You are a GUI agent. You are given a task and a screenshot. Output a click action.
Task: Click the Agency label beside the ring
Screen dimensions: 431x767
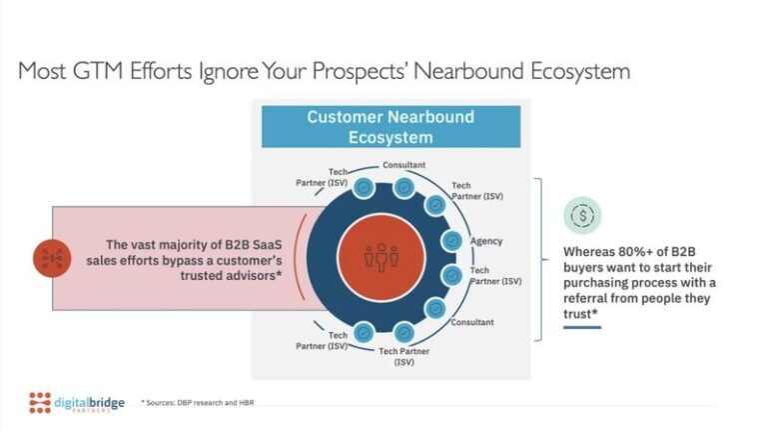[x=486, y=241]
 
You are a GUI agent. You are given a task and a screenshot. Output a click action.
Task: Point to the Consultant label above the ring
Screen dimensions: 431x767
[x=403, y=165]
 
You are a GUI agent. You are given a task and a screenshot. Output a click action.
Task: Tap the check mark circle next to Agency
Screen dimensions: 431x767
[x=451, y=240]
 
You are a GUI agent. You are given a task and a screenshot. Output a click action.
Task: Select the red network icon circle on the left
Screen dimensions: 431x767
[x=51, y=257]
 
